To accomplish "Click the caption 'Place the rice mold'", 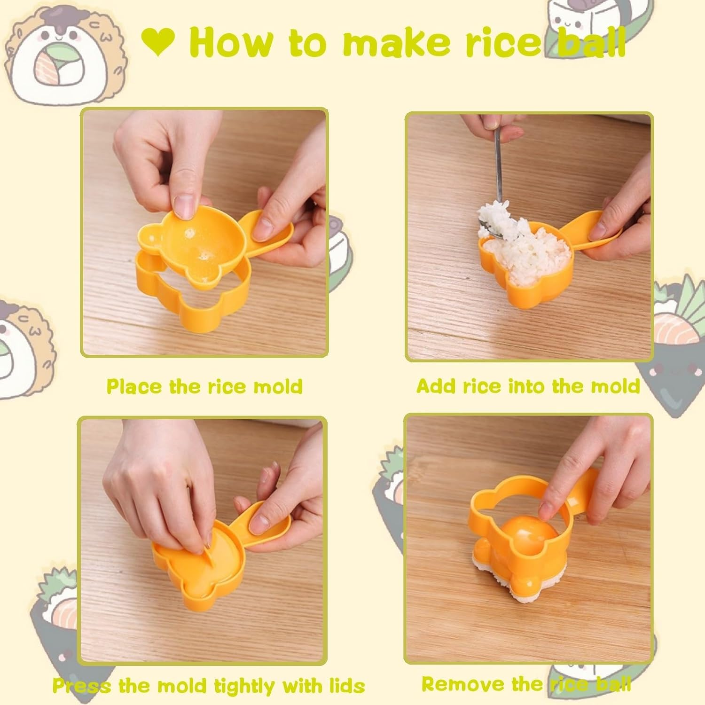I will (204, 386).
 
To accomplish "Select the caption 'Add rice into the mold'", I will (528, 386).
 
